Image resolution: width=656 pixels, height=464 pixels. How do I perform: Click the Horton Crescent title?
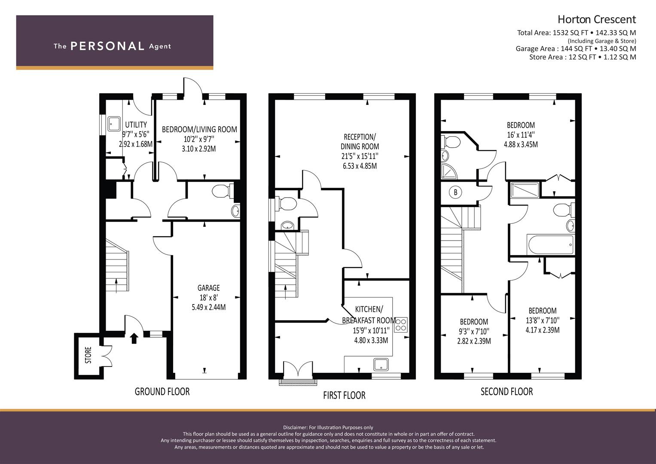click(597, 20)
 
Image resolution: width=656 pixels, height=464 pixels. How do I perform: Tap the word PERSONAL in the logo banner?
click(107, 46)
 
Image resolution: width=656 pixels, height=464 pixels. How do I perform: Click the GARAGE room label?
click(208, 288)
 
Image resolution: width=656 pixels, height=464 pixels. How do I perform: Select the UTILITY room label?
click(136, 125)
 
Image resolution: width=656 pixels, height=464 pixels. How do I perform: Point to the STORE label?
click(88, 355)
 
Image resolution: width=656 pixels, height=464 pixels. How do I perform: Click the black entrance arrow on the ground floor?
click(134, 338)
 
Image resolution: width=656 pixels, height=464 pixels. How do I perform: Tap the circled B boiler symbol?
click(455, 192)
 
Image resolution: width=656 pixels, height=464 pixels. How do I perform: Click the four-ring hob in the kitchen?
click(401, 325)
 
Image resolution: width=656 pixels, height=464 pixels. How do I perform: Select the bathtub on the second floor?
click(550, 245)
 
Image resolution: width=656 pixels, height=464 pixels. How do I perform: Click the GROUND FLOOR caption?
click(162, 392)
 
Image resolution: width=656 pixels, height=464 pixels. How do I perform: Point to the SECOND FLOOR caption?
click(506, 392)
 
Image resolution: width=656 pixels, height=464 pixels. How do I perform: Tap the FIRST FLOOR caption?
click(344, 395)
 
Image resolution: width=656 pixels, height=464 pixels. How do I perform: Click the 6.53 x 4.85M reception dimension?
click(360, 166)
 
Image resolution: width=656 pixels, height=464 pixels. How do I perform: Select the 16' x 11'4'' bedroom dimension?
click(521, 135)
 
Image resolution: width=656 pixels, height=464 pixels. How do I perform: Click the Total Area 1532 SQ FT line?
click(577, 33)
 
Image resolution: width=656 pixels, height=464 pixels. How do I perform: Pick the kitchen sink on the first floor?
click(381, 365)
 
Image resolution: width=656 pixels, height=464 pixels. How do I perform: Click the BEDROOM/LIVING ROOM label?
click(199, 129)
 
